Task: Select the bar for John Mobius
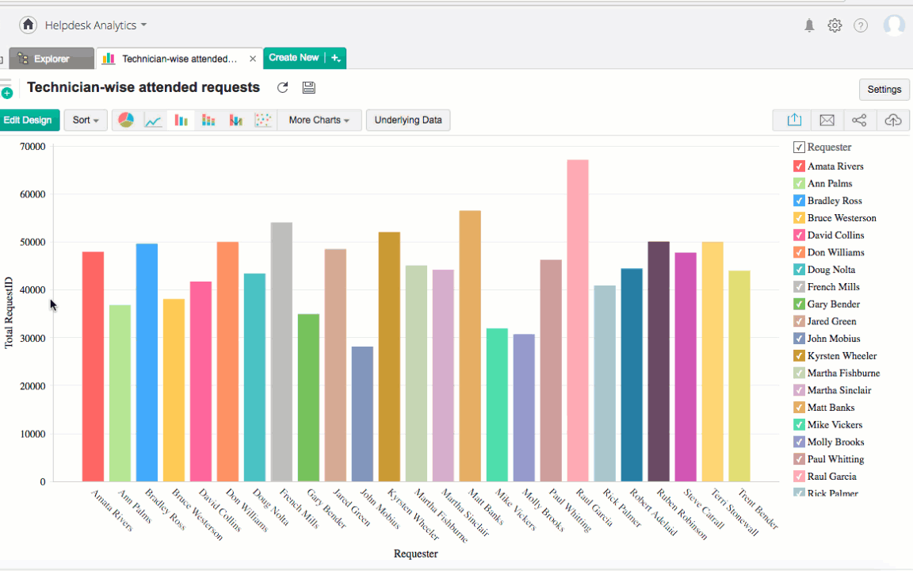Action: pos(362,413)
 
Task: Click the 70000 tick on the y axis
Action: pos(32,147)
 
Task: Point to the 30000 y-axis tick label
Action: pos(32,338)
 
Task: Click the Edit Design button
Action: pos(28,121)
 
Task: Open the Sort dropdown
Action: pos(86,121)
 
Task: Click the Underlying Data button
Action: pos(408,121)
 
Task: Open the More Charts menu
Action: pos(319,121)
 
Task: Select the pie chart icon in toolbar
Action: pos(126,121)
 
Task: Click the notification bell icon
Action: pos(809,25)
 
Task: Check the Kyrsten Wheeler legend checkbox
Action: pos(799,356)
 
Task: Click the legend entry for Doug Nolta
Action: pos(831,270)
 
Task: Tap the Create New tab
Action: pos(294,58)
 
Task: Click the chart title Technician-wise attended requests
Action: pos(143,87)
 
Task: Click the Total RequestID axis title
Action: pos(10,312)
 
